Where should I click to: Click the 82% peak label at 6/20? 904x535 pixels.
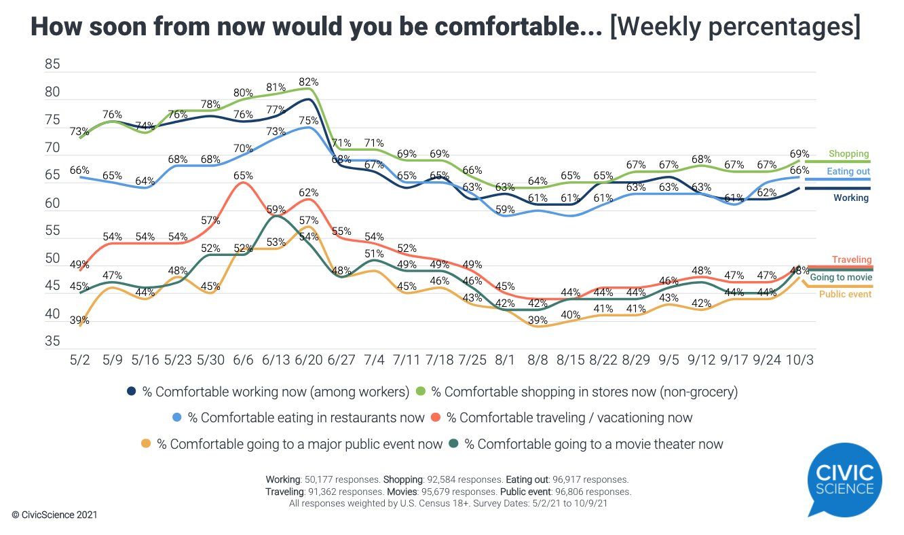309,82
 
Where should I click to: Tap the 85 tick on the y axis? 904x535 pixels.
52,65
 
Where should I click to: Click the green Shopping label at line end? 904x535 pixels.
848,154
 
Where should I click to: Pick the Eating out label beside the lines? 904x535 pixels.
848,172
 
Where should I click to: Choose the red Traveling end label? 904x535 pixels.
852,260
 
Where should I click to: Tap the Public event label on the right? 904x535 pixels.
845,295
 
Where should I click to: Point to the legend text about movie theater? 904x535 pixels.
594,444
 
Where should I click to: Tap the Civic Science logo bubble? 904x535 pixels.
844,479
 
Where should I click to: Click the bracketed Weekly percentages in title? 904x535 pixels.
735,28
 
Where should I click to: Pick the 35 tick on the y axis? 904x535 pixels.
52,342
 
